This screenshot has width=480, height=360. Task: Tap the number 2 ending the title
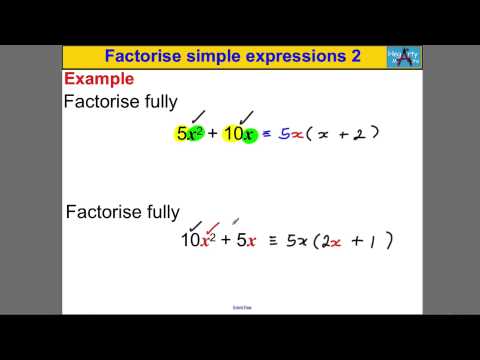click(354, 57)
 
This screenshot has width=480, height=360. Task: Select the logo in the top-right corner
click(402, 57)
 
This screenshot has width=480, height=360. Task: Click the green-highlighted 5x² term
click(189, 134)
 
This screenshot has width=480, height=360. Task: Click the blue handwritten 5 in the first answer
click(283, 134)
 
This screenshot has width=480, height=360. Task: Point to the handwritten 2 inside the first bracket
click(357, 134)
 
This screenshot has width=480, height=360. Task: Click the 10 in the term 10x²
click(190, 241)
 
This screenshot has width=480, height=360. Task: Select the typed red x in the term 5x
click(251, 241)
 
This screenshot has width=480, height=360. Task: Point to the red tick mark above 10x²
click(211, 227)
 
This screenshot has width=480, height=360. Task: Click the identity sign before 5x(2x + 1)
click(271, 241)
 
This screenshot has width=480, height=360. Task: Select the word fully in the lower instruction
click(160, 212)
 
